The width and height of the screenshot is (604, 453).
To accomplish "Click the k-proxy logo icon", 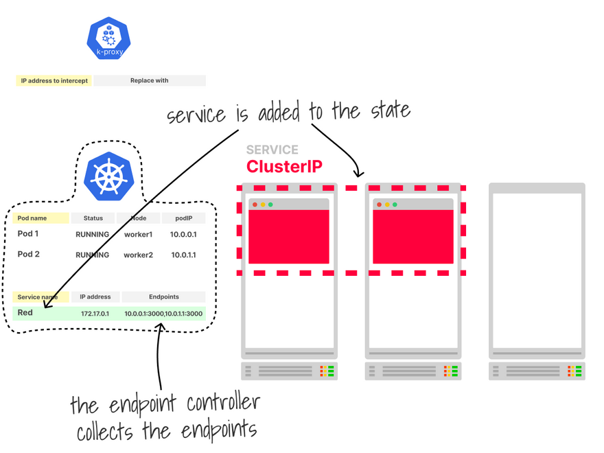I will coord(108,38).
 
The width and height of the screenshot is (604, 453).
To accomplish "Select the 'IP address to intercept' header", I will coord(54,80).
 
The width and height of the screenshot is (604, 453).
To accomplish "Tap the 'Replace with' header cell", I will coord(150,80).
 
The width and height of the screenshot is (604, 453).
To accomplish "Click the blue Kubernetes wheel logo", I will coord(108,175).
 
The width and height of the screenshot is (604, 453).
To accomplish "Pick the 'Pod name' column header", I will coord(40,218).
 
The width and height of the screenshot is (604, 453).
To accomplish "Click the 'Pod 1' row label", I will coord(28,234).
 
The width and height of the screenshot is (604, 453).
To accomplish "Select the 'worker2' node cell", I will coord(138,255).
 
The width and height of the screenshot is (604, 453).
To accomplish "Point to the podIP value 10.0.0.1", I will coord(183,235).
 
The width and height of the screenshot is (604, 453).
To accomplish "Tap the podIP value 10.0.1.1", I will coord(183,255).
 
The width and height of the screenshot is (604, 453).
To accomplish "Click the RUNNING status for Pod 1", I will coord(92,235).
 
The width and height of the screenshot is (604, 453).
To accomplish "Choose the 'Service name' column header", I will coord(40,297).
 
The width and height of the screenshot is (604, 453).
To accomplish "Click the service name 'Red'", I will coord(25,313).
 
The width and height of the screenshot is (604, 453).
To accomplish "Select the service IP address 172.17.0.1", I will coord(95,314).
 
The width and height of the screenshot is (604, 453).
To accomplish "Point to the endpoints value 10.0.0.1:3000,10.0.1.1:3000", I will coord(163,314).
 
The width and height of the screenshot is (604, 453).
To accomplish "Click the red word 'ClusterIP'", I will coord(284,166).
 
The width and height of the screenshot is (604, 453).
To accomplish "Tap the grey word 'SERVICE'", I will coord(272,150).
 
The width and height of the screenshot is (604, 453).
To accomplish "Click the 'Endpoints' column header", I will coord(163,297).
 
